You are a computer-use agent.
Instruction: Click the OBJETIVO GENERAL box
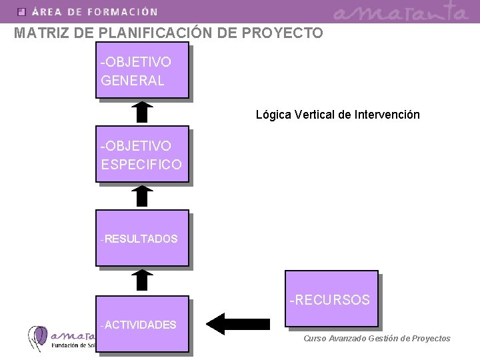[142, 71]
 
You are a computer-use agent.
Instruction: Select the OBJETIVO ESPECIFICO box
[142, 154]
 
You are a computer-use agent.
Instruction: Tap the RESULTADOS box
[142, 238]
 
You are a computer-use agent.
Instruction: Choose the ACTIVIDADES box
[142, 324]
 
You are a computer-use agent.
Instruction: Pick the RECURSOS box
[331, 299]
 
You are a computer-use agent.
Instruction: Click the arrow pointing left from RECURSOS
[237, 323]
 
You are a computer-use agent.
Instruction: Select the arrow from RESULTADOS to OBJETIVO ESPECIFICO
[141, 196]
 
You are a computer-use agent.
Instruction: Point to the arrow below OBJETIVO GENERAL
[141, 112]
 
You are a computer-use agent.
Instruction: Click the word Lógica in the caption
[272, 115]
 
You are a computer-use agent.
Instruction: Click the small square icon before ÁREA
[21, 11]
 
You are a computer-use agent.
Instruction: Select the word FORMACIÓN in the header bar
[122, 11]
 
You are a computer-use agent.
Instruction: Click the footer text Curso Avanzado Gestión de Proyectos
[377, 339]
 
